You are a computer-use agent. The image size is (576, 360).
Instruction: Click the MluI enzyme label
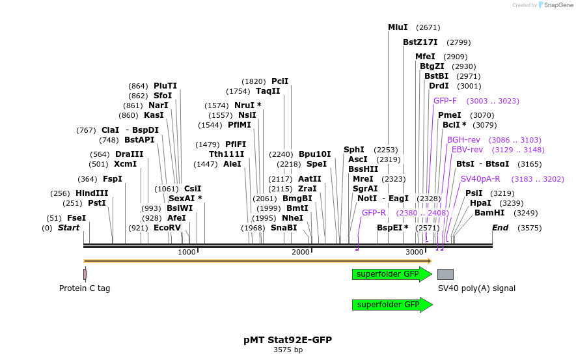coord(398,27)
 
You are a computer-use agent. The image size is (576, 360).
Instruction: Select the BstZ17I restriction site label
coord(420,42)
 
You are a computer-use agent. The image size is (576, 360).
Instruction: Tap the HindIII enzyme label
coord(92,193)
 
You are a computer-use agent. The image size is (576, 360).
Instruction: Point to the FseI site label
coord(76,218)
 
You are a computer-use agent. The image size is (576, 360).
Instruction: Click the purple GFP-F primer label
coord(445,101)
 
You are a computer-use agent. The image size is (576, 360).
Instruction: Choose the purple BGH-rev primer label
coord(463,140)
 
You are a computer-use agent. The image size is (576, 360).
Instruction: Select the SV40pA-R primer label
coord(480,179)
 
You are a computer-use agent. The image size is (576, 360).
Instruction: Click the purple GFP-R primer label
coord(374,213)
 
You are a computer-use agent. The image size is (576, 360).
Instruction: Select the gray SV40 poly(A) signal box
coord(445,274)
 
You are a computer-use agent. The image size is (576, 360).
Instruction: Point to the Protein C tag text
coord(85,288)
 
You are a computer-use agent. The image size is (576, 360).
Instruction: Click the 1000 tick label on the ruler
coord(187,252)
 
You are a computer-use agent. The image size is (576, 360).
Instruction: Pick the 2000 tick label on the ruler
coord(301,252)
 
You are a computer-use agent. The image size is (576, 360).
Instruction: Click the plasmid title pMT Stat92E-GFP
coord(288,340)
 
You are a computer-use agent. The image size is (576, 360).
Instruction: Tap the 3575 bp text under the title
coord(288,350)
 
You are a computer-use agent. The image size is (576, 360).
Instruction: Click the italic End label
coord(500,228)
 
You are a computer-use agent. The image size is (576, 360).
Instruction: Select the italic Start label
coord(68,228)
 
